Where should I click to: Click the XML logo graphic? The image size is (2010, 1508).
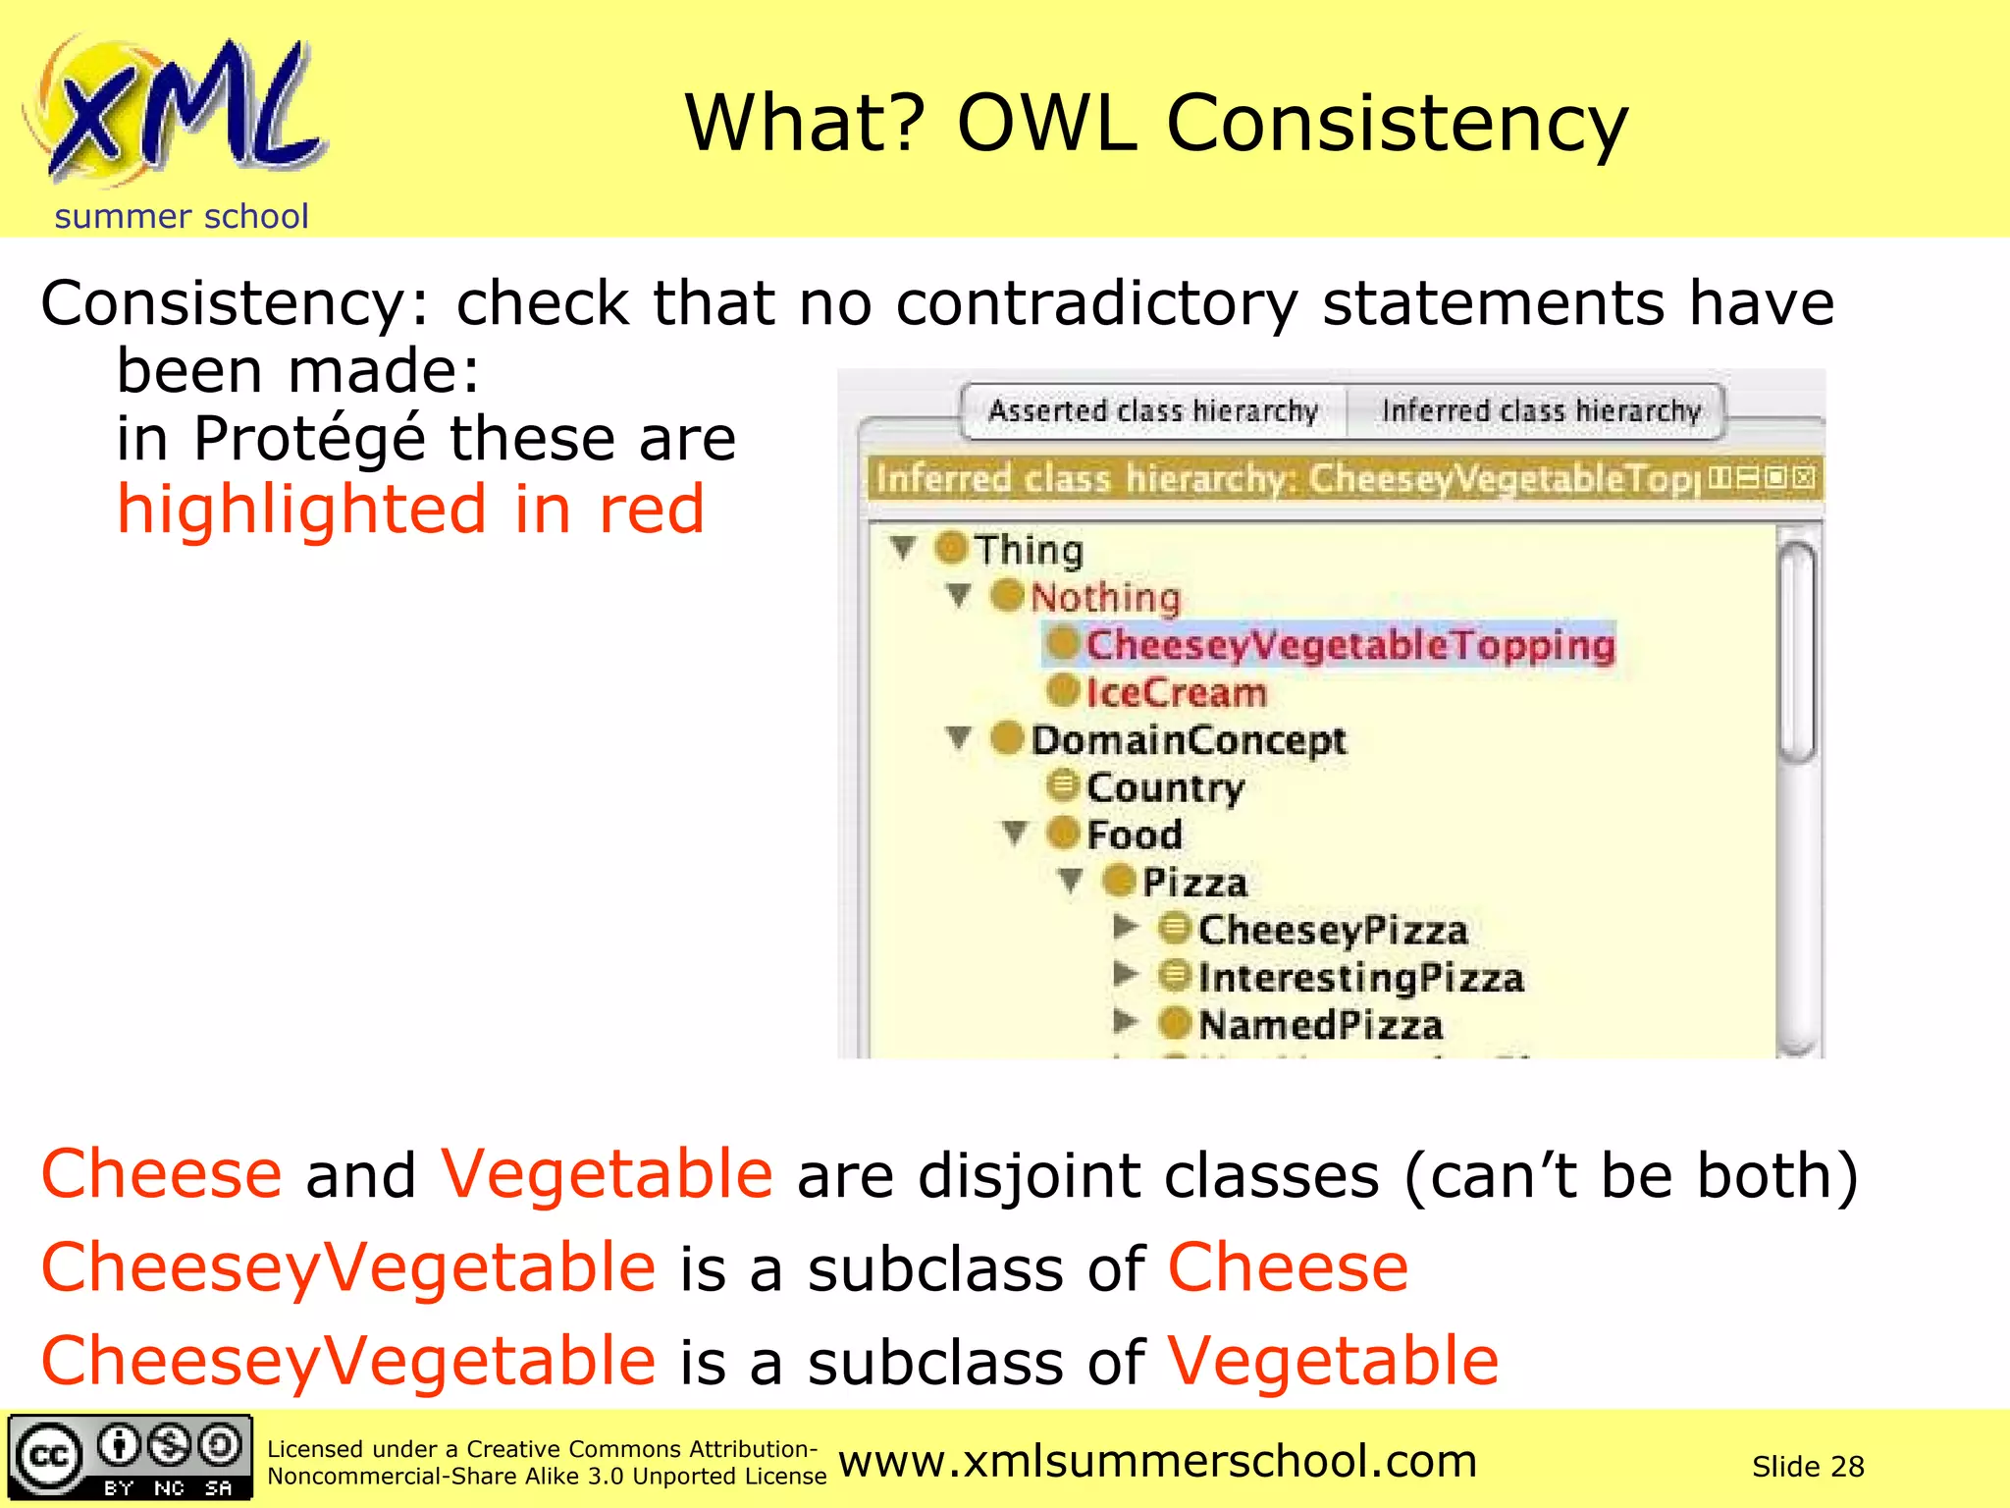pos(177,113)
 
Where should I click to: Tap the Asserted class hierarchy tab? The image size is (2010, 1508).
pos(1152,410)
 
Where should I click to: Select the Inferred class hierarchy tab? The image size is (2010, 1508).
pos(1540,410)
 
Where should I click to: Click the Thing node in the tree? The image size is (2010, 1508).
pos(1028,550)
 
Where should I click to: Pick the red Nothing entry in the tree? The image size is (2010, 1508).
pos(1104,597)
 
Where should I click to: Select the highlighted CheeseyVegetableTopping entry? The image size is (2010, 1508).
pos(1349,645)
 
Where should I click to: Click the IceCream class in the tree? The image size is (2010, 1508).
pos(1176,692)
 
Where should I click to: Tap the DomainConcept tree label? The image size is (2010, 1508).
pos(1188,739)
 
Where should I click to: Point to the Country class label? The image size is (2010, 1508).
pos(1165,786)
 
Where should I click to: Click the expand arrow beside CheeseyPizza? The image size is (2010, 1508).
pos(1125,927)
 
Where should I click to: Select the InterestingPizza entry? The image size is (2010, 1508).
pos(1360,977)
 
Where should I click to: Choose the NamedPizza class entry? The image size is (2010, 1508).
pos(1320,1025)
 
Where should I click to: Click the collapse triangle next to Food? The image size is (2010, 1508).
pos(1015,834)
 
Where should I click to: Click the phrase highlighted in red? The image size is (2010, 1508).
pos(410,510)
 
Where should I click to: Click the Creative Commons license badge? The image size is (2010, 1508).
pos(130,1457)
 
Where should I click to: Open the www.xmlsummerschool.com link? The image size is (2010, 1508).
pos(1157,1462)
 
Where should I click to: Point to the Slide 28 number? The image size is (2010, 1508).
pos(1807,1467)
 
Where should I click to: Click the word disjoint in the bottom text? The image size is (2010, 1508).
pos(1029,1175)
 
